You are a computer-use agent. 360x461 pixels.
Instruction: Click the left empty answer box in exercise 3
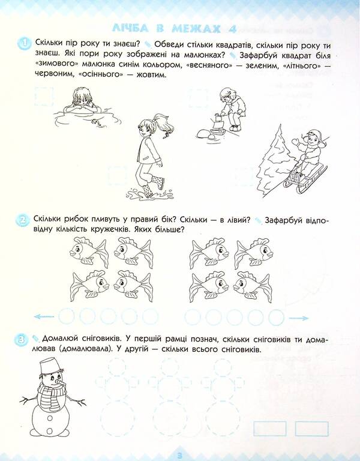pos(271,428)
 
